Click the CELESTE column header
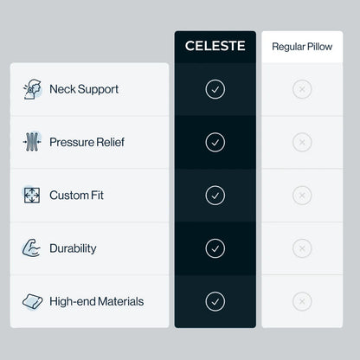coord(215,46)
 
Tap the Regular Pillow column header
coord(302,47)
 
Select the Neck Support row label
coord(84,89)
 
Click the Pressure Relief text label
coord(87,142)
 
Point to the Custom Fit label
coord(76,195)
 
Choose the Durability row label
coord(73,248)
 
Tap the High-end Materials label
coord(97,301)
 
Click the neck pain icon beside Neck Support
coord(32,89)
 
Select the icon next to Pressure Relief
coord(32,142)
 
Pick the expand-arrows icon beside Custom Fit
coord(32,195)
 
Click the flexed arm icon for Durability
coord(31,248)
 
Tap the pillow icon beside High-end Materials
coord(32,301)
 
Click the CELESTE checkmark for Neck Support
coord(215,89)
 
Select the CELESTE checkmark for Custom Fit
coord(215,196)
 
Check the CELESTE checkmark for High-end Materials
coord(215,301)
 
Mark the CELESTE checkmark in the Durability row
coord(215,248)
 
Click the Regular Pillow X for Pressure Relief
coord(302,142)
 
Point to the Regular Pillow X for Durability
coord(302,248)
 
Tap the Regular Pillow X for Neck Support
coord(302,89)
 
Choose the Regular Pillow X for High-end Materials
coord(302,301)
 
